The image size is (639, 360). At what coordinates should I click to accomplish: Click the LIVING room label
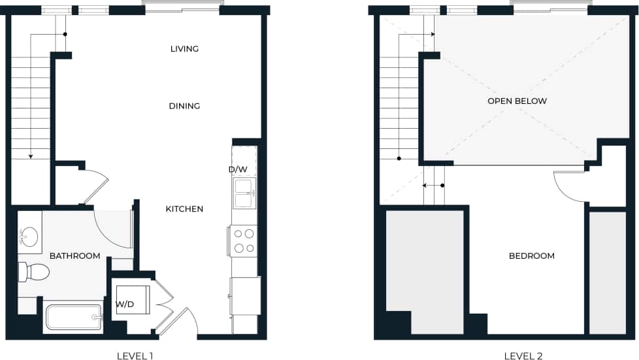click(184, 49)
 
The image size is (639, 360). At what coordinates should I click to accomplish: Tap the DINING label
click(184, 106)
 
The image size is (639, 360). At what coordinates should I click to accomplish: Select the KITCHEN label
click(184, 209)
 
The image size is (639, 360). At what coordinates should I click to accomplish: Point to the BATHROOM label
click(75, 255)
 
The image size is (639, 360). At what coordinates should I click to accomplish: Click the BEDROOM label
click(531, 255)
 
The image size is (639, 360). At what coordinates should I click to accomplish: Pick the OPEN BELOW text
click(517, 101)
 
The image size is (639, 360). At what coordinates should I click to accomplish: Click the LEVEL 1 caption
click(135, 356)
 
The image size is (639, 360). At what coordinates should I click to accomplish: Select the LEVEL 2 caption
click(523, 356)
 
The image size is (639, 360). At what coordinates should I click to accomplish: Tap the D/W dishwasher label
click(237, 170)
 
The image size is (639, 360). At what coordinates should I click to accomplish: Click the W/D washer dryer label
click(125, 304)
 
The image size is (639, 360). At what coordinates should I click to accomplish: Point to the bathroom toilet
click(34, 272)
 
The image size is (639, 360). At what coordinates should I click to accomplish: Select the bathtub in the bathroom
click(73, 318)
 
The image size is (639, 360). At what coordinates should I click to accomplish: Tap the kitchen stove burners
click(244, 240)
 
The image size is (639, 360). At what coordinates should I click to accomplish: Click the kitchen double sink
click(244, 193)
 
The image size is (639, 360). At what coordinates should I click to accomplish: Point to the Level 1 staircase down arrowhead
click(30, 156)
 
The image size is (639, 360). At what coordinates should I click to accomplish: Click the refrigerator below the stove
click(245, 296)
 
